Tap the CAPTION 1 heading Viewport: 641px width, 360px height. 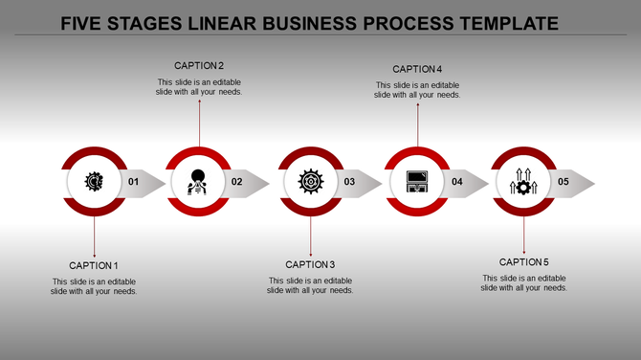(94, 265)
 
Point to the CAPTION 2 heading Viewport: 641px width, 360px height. (199, 66)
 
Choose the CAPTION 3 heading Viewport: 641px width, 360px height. (310, 264)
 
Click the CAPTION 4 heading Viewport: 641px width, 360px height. (417, 69)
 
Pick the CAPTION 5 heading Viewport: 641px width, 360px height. (524, 262)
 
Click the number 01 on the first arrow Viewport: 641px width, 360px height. (133, 182)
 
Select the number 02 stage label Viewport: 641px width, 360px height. (237, 182)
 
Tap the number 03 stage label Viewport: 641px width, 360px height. (350, 182)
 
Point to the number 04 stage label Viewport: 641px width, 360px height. (457, 182)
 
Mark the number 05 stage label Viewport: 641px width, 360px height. (564, 182)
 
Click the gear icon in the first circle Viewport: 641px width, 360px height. (94, 181)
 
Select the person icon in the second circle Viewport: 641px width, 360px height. (199, 181)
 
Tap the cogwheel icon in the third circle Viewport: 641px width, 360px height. (310, 181)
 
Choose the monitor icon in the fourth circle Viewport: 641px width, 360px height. (417, 181)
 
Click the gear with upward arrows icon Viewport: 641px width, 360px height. (524, 181)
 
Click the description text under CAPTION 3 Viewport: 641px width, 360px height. (310, 285)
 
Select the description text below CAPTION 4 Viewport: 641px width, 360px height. (417, 90)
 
